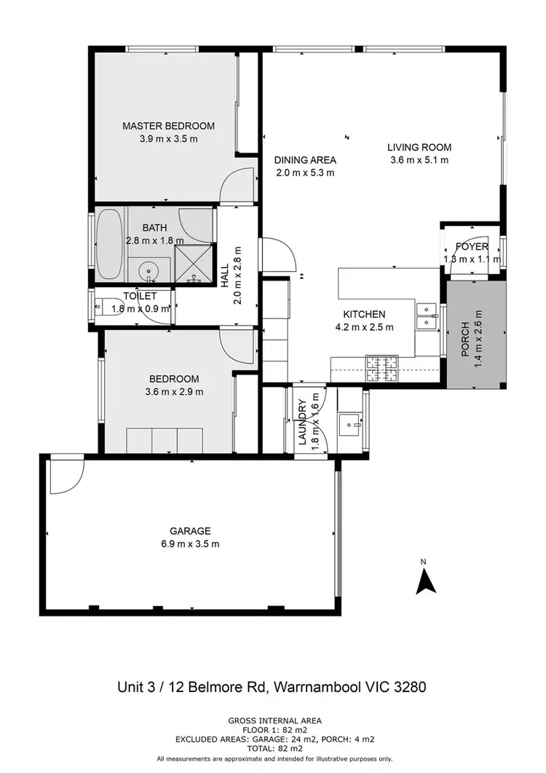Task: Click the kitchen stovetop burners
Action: [381, 369]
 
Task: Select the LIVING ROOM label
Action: [419, 146]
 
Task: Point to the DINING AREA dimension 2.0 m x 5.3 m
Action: [305, 173]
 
